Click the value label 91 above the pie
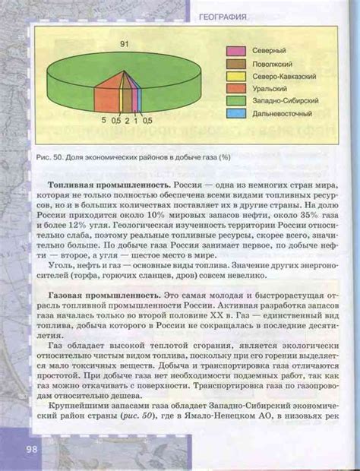[124, 46]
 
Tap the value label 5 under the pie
[103, 120]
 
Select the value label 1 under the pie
[136, 120]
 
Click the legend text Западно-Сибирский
[286, 100]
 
